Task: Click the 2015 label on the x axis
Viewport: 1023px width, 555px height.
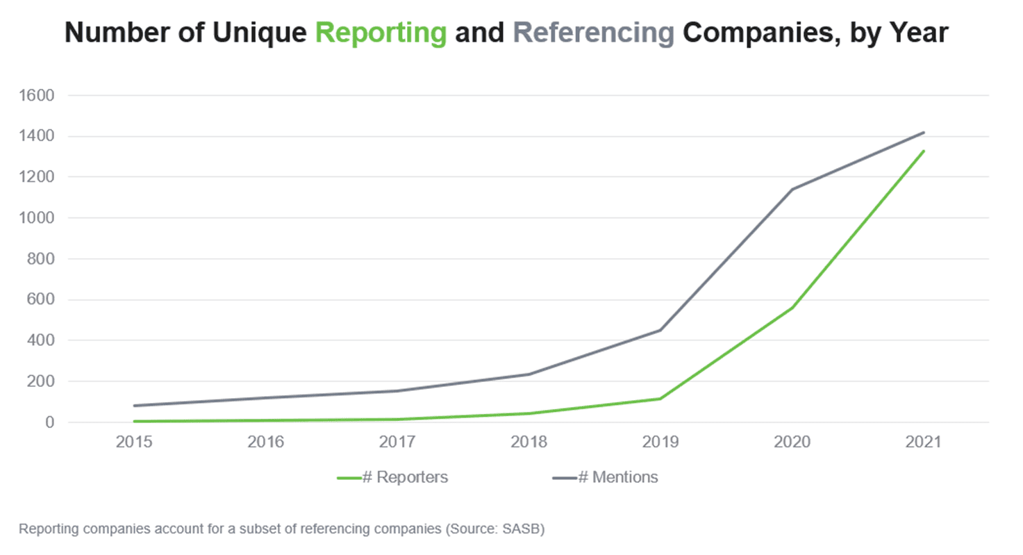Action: click(x=134, y=442)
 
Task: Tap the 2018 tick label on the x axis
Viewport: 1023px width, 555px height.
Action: click(x=529, y=442)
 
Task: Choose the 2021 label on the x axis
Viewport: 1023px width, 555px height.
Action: click(x=924, y=442)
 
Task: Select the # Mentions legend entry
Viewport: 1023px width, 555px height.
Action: click(x=605, y=478)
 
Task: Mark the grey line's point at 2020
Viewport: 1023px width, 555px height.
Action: click(x=792, y=189)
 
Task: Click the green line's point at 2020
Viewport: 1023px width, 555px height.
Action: click(x=792, y=307)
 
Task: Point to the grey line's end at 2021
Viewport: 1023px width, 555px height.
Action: click(x=924, y=132)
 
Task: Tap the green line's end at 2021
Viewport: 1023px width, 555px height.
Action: click(x=924, y=151)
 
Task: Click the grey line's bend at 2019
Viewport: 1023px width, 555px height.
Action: click(x=660, y=330)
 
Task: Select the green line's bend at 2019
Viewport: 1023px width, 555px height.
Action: click(x=660, y=399)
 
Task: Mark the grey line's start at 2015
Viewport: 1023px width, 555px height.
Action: click(x=134, y=406)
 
